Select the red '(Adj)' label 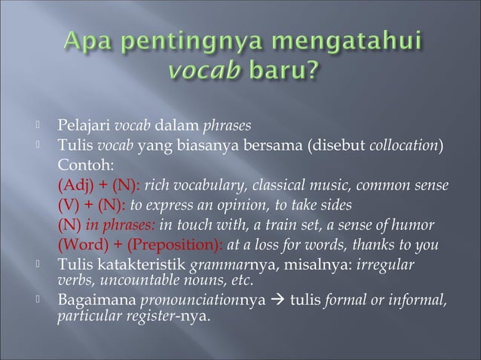73,185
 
